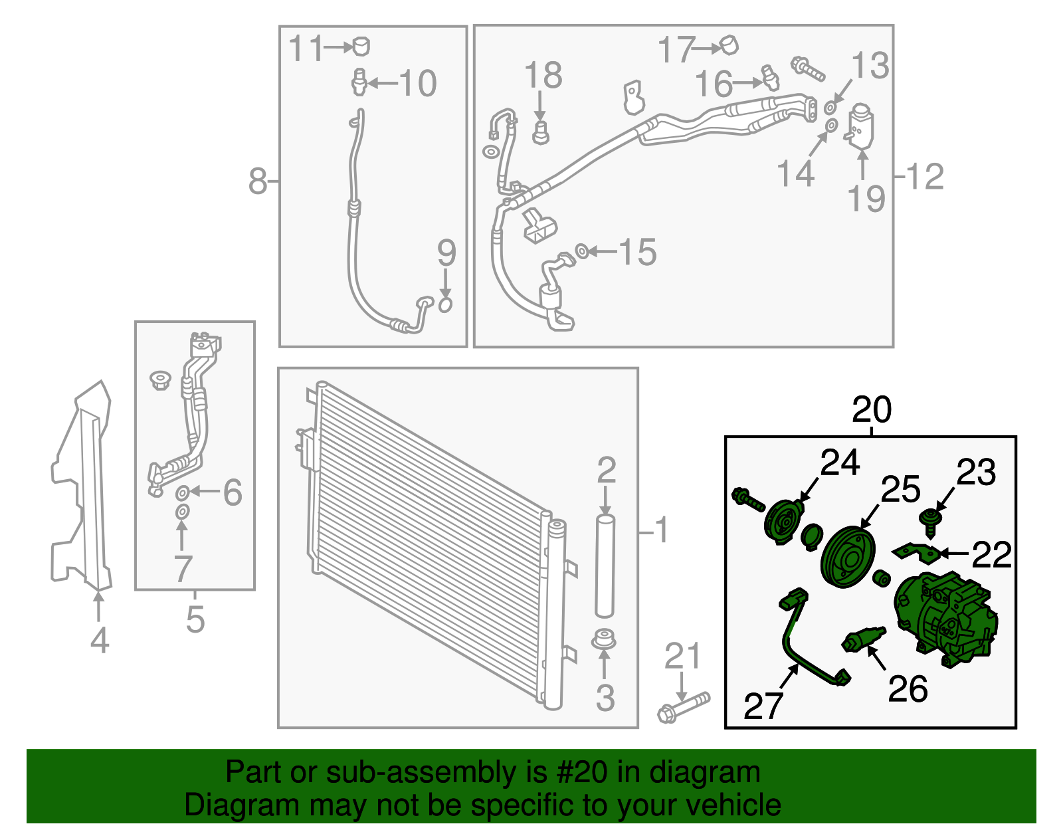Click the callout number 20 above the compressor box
pos(871,409)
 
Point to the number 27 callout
pos(763,706)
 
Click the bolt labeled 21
pos(684,707)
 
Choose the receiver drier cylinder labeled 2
pos(605,566)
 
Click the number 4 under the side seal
pos(99,640)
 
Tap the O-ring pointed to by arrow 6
pos(182,492)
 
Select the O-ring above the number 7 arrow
pos(182,512)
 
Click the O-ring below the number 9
pos(445,305)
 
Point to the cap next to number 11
pos(361,46)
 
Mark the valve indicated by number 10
pos(359,82)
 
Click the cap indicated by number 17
pos(728,45)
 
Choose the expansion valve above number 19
pos(859,125)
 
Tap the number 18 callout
pos(543,75)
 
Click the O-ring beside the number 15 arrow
pos(581,251)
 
